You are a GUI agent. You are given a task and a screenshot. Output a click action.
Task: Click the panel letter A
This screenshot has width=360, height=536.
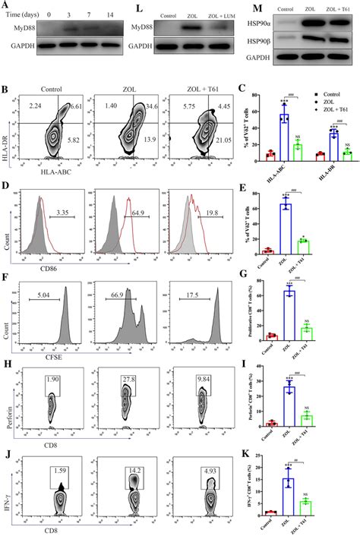coord(5,7)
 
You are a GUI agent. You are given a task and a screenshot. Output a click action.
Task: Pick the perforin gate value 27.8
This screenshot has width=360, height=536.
coord(134,376)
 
